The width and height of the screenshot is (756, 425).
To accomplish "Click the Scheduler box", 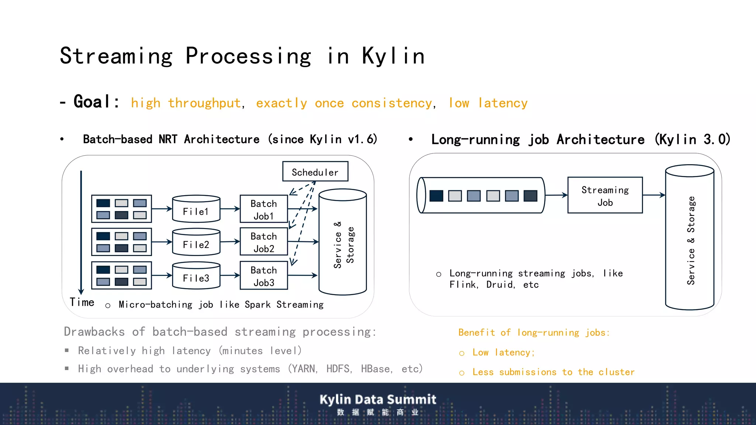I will point(315,172).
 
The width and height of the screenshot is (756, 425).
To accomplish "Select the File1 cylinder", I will point(196,209).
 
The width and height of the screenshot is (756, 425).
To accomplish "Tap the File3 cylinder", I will point(196,276).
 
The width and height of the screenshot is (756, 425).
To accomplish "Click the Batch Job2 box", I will point(264,242).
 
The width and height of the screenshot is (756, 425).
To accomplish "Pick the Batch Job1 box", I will point(264,209).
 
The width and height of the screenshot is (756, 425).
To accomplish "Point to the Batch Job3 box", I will point(264,276).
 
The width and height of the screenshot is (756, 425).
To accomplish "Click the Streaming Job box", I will point(605,196).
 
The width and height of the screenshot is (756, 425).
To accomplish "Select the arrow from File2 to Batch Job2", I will point(230,242).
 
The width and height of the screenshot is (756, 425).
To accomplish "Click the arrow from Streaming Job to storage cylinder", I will point(654,195).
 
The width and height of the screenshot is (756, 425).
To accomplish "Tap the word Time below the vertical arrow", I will point(82,302).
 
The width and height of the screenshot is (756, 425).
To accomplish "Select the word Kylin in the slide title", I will point(393,56).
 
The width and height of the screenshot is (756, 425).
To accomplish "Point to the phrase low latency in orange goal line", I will point(488,103).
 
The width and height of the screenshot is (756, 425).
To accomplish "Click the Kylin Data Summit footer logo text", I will point(378,400).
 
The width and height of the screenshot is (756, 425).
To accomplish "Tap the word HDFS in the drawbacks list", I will point(339,369).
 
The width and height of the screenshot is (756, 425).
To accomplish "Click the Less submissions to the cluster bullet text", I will point(553,372).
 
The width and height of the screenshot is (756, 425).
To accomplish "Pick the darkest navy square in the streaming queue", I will point(436,196).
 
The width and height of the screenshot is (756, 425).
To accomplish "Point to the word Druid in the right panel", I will point(500,285).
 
